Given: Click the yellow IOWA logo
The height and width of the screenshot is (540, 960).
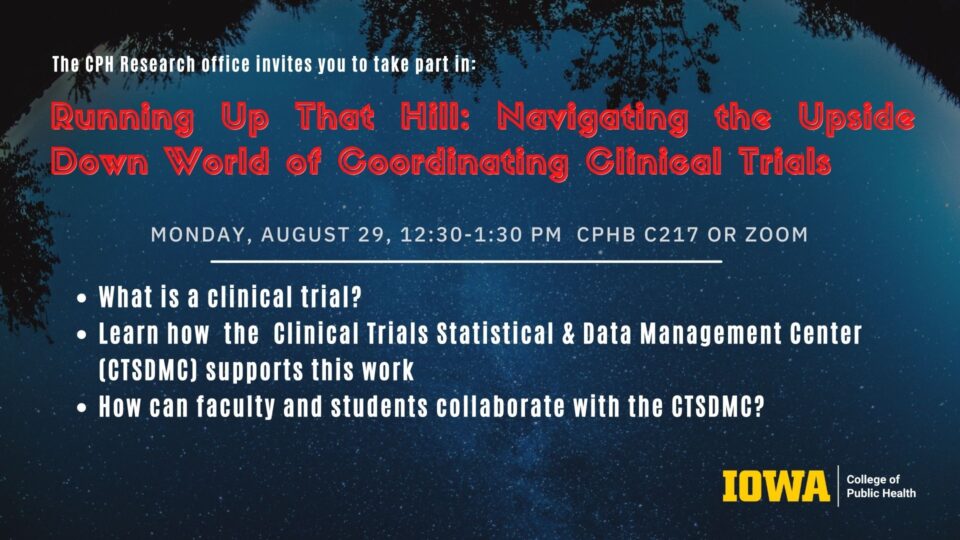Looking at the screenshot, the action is [x=776, y=486].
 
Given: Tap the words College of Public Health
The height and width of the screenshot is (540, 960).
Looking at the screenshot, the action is [x=881, y=486].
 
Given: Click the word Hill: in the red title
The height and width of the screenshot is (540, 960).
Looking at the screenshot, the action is [x=435, y=116].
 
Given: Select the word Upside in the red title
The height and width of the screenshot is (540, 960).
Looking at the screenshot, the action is [x=857, y=118].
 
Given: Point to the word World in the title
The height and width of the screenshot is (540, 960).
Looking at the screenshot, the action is [x=217, y=162].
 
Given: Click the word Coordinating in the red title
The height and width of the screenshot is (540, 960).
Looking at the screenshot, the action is [x=454, y=163].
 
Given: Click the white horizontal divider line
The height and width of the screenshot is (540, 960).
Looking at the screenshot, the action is [x=467, y=261].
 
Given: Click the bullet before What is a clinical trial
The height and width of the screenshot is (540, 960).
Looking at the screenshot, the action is [x=82, y=299].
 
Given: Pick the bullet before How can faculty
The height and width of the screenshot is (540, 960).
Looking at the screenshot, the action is [x=82, y=408].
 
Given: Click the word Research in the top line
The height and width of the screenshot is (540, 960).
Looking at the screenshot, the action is [x=157, y=64].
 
